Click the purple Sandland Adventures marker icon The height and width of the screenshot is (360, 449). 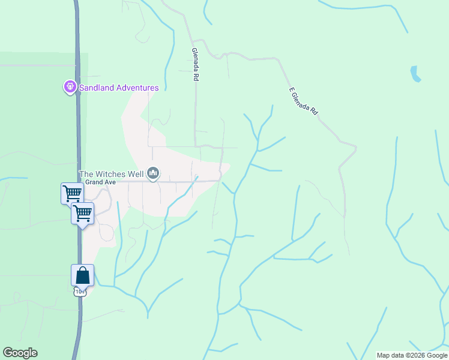click(70, 88)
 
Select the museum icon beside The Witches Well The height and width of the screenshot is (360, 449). click(153, 174)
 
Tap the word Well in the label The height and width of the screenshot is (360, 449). click(136, 174)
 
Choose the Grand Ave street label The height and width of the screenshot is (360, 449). click(95, 182)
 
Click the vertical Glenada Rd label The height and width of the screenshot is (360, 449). click(195, 64)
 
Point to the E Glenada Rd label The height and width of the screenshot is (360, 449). click(303, 101)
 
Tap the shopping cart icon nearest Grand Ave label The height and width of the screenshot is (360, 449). click(72, 193)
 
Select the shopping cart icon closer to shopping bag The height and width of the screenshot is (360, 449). click(82, 212)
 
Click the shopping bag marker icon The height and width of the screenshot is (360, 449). click(82, 275)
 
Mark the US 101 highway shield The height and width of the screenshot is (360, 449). click(79, 292)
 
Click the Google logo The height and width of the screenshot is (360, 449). click(20, 353)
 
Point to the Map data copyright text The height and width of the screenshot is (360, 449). click(411, 355)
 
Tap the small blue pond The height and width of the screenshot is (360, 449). click(415, 74)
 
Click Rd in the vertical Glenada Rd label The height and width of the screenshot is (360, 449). click(195, 77)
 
